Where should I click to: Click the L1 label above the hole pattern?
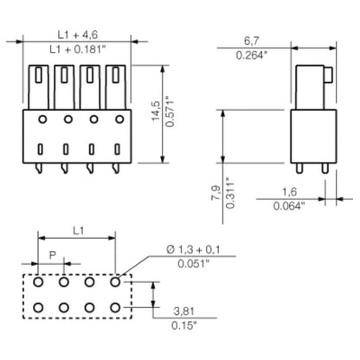pos(77,231)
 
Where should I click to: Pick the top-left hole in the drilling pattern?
pos(39,281)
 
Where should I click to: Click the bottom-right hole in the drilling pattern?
pos(115,307)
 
